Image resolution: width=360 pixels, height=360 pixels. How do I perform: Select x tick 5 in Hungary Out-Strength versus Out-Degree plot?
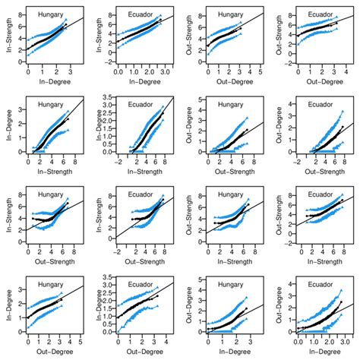(x=261, y=74)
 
